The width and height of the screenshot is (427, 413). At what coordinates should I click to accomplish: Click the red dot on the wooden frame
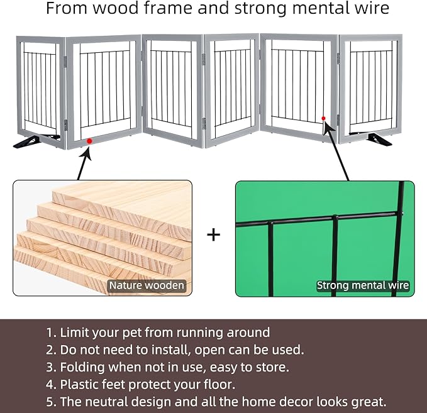(x=89, y=141)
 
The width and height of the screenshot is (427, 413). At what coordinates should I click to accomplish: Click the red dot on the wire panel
(x=323, y=118)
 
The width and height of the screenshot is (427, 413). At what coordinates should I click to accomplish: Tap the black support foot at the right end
(x=379, y=140)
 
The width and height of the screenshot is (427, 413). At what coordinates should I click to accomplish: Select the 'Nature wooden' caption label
(x=147, y=285)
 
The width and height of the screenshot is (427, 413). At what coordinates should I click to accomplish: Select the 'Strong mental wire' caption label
(x=363, y=285)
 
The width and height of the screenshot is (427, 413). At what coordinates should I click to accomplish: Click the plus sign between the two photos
(x=214, y=235)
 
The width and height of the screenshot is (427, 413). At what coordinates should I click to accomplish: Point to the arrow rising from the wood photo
(x=84, y=164)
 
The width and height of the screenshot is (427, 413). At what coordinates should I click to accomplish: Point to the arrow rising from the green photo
(x=336, y=151)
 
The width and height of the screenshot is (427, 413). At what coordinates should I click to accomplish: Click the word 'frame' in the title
(x=169, y=8)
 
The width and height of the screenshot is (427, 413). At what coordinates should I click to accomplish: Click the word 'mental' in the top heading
(x=317, y=8)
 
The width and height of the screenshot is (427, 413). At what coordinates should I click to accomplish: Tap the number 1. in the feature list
(x=51, y=333)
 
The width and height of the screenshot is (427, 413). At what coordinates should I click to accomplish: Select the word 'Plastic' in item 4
(x=79, y=385)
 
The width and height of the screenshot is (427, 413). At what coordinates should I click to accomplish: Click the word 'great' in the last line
(x=369, y=402)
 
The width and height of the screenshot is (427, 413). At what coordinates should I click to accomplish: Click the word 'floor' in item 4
(x=219, y=385)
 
